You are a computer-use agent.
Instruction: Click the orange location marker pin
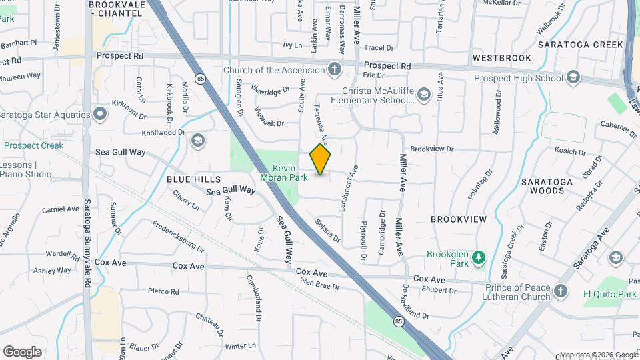[321, 159]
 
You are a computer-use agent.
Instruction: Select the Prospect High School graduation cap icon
[573, 78]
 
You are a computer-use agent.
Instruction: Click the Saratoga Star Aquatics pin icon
[100, 115]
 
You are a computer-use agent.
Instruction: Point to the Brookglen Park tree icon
[478, 257]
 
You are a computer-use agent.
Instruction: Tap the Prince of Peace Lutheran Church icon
[561, 291]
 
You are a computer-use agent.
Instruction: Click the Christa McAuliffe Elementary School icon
[423, 96]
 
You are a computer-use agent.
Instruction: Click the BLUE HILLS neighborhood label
[193, 179]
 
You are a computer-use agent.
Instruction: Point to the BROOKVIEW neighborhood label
[459, 219]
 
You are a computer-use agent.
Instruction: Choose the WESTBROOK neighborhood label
[502, 58]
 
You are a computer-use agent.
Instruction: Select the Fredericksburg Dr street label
[177, 237]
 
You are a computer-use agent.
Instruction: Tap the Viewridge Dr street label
[271, 88]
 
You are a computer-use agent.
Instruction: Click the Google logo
[22, 352]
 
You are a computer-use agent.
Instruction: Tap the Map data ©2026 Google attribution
[598, 355]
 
